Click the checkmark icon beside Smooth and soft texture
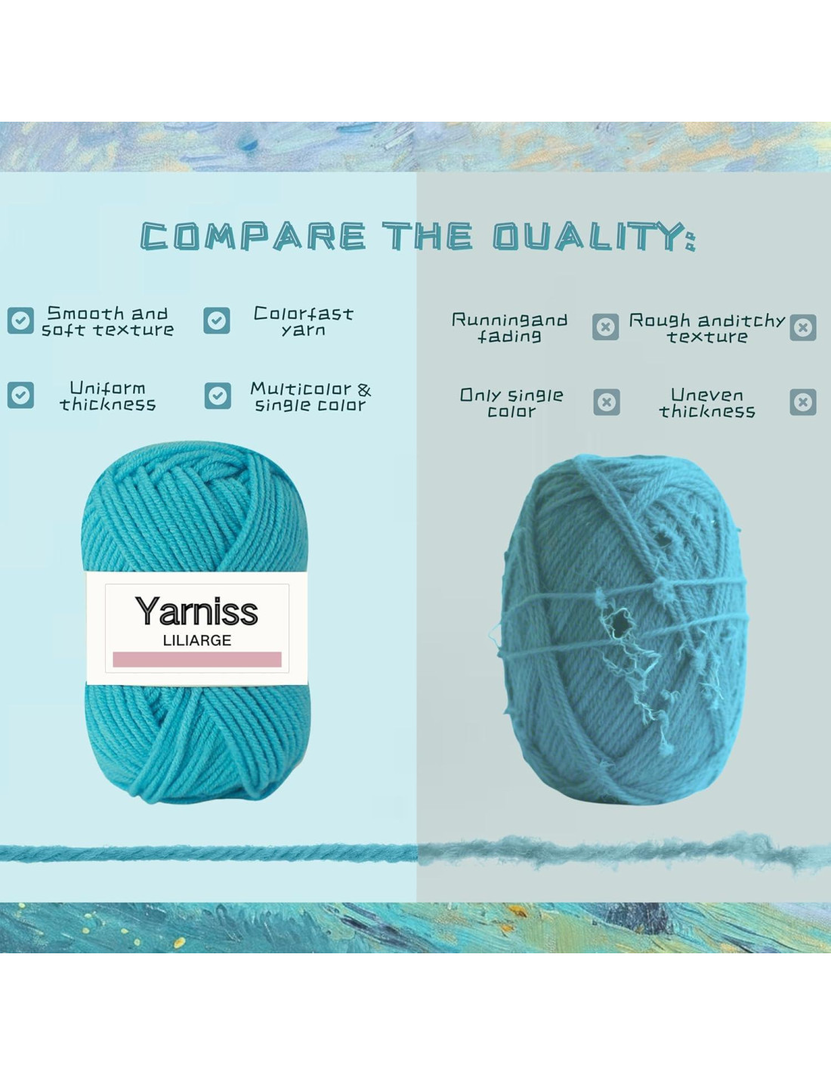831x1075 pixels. coord(20,320)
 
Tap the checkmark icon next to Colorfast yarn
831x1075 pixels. coord(217,321)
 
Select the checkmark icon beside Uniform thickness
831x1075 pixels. coord(20,395)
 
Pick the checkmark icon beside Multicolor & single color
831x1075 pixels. coord(218,396)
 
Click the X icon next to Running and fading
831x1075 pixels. coord(606,327)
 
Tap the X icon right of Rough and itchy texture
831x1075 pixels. coord(803,327)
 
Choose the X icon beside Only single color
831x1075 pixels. coord(607,402)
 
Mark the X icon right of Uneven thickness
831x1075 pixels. coord(803,402)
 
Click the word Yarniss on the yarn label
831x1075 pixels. coord(196,612)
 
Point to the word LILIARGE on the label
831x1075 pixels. coord(197,640)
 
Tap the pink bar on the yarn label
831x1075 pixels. coord(197,659)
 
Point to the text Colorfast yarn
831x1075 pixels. coord(304,321)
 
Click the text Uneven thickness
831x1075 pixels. coord(707,403)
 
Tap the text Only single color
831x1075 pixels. coord(511,403)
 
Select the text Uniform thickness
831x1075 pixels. coord(108,396)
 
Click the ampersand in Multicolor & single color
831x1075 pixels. coord(364,390)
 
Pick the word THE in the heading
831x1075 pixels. coord(428,236)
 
